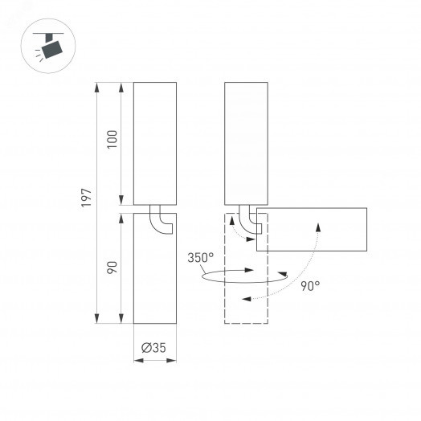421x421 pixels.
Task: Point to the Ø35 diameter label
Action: pos(153,348)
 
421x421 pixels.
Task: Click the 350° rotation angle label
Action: pos(201,258)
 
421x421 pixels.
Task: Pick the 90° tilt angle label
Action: pos(310,285)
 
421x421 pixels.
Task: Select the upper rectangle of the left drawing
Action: pos(153,143)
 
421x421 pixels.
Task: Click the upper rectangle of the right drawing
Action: pos(246,143)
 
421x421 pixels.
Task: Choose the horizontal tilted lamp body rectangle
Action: pos(312,230)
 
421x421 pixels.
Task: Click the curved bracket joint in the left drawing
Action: pos(163,221)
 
